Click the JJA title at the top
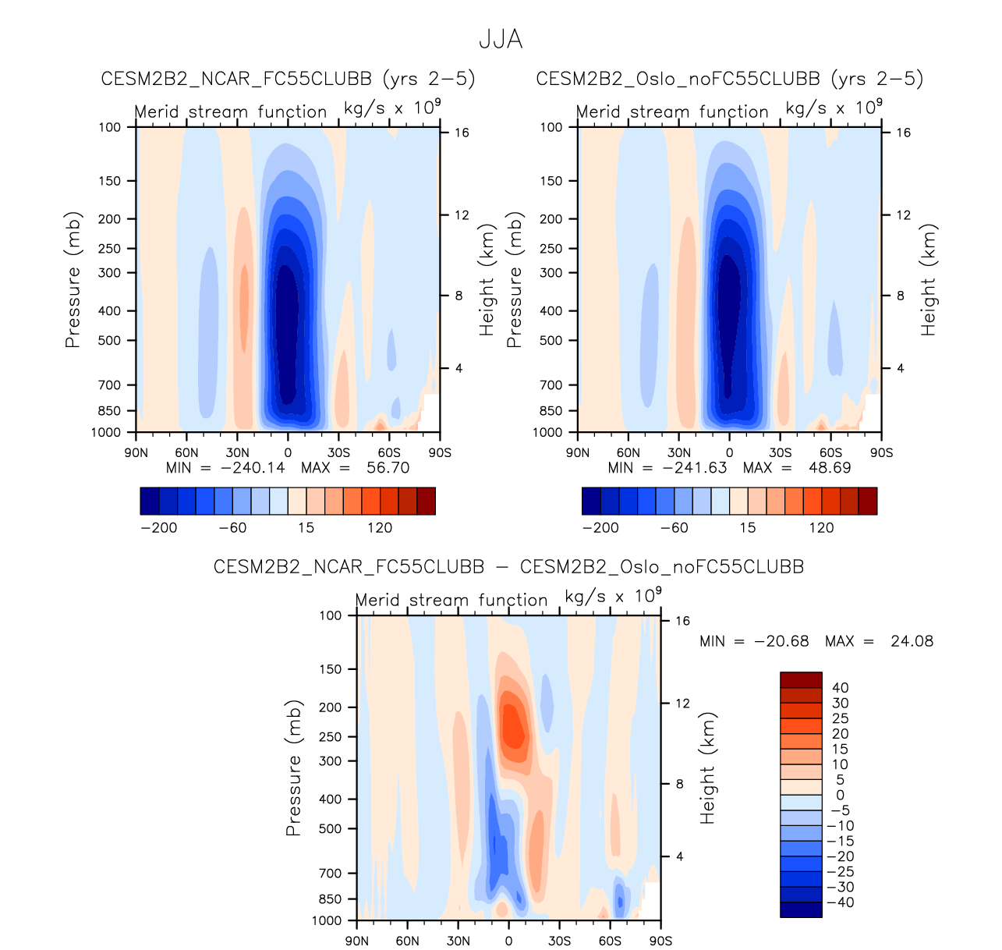501,40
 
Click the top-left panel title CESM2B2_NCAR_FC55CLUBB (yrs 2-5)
288,79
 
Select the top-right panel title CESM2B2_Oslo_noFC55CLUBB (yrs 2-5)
729,79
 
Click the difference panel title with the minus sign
508,567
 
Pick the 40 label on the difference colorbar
840,688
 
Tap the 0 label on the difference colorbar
840,796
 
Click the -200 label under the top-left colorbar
159,528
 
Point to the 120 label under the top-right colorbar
821,528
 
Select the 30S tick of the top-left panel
338,453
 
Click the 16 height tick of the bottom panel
683,622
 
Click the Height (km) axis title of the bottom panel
707,768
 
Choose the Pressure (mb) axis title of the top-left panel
73,279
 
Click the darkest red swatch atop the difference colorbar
801,680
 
